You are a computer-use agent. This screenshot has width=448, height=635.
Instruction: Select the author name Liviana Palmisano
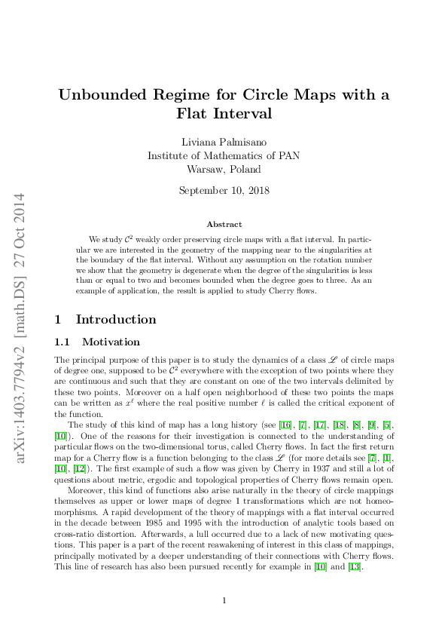point(224,143)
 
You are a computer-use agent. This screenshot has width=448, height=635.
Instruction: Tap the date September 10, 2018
point(224,191)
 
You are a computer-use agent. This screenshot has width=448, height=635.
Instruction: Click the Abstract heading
point(224,224)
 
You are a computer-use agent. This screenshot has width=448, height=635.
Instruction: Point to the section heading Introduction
point(116,319)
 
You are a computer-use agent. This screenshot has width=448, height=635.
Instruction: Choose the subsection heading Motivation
point(111,342)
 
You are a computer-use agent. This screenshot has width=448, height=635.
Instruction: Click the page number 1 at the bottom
point(224,600)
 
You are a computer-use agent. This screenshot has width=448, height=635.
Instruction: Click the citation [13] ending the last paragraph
point(354,567)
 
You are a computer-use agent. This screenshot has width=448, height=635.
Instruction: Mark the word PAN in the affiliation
point(288,156)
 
